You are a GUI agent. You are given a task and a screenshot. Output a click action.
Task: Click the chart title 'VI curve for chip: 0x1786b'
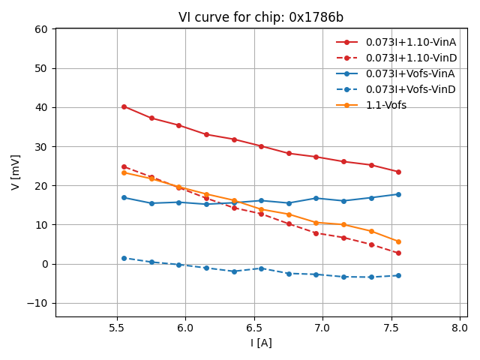(261, 17)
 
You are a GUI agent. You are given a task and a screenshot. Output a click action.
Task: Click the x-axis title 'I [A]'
(261, 343)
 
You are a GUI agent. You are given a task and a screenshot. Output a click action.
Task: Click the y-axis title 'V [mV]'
(16, 172)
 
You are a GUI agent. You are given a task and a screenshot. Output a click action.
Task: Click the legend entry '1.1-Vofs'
(386, 105)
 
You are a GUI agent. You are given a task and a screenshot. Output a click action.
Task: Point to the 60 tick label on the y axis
(40, 29)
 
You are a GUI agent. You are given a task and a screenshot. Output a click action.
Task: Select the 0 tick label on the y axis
(44, 264)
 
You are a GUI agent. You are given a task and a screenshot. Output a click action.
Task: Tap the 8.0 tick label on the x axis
(460, 328)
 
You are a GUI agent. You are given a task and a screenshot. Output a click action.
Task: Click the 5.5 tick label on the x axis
(117, 328)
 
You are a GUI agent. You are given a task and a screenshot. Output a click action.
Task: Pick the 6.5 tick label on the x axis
(254, 328)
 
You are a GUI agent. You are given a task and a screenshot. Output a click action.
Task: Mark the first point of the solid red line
(124, 106)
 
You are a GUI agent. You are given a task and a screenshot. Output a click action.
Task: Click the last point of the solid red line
(398, 172)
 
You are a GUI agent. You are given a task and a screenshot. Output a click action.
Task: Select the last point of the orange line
(398, 241)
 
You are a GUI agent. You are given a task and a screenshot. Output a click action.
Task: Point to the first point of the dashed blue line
(124, 258)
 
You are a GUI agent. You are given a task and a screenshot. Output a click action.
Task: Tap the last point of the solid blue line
(398, 194)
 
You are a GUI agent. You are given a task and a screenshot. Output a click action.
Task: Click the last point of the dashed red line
(398, 253)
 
